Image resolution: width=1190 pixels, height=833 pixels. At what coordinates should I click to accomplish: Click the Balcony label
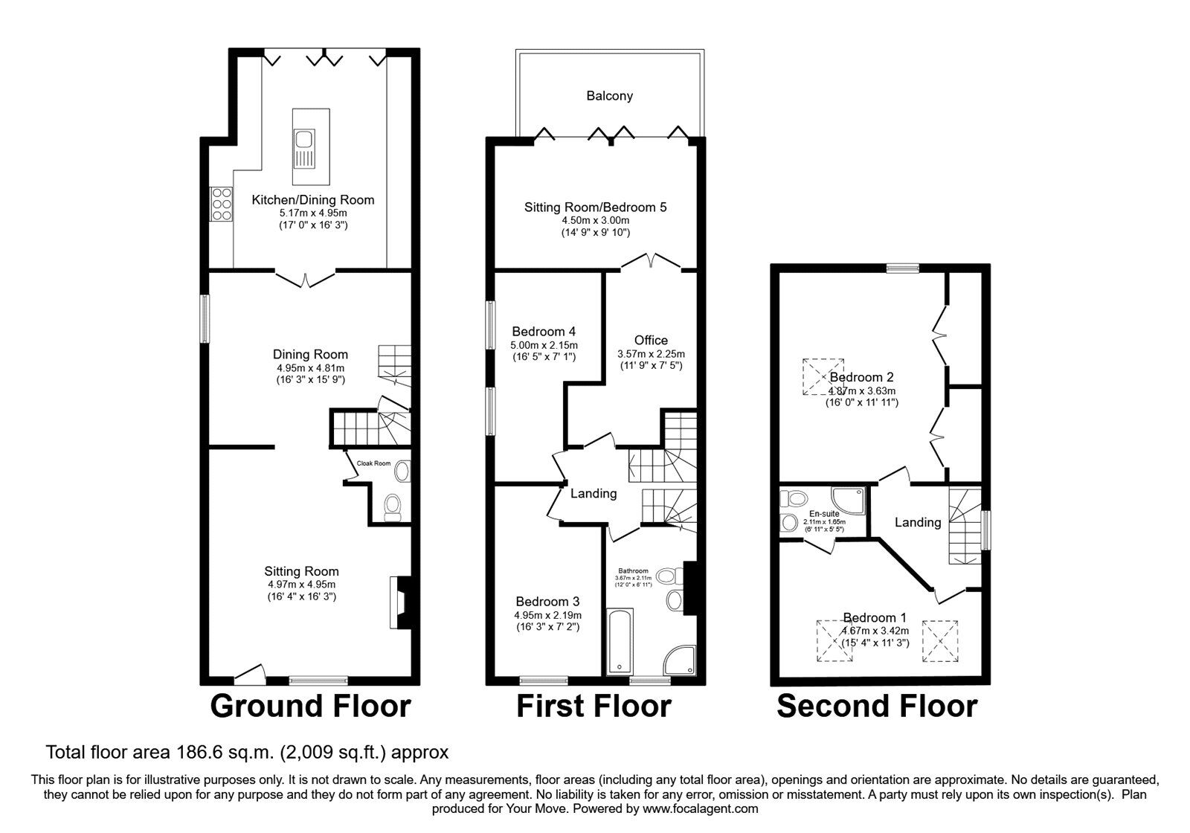(609, 96)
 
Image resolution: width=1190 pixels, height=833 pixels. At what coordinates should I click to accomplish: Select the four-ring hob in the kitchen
(221, 203)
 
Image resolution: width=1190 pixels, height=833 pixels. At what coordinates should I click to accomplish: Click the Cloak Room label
(373, 463)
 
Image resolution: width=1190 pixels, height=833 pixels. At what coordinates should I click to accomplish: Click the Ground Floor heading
(310, 706)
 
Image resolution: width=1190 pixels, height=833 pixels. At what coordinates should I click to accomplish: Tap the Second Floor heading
(877, 706)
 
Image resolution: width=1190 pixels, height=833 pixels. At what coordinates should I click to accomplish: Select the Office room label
(651, 341)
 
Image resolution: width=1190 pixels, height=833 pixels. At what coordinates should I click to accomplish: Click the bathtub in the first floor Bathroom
(618, 641)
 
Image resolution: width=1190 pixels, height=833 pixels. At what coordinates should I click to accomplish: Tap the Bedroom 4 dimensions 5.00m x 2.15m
(544, 345)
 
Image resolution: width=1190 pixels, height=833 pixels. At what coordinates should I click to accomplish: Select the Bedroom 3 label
(547, 601)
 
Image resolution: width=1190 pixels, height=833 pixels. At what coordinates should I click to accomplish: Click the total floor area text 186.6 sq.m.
(247, 752)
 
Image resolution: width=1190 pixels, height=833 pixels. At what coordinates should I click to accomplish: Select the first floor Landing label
(593, 493)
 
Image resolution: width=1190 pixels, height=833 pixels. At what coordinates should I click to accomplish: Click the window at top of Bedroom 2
(902, 268)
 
